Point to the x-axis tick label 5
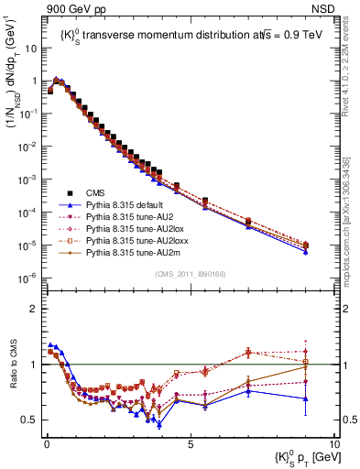(x=190, y=442)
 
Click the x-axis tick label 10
(x=333, y=442)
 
